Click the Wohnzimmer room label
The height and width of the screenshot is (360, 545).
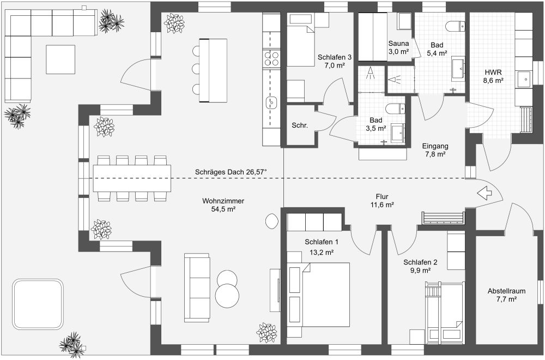tap(223, 205)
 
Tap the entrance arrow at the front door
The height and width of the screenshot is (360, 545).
tap(485, 193)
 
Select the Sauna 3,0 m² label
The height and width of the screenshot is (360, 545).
tap(398, 47)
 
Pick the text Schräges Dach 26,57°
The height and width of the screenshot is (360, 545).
tap(231, 172)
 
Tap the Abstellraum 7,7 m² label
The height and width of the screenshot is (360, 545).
tap(502, 295)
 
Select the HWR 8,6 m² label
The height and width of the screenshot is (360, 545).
tap(493, 76)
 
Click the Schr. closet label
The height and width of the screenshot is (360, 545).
tap(300, 125)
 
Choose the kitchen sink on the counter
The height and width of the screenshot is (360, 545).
tap(271, 101)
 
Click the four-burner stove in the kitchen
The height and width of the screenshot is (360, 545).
tap(271, 58)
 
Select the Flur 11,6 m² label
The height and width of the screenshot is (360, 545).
tap(381, 200)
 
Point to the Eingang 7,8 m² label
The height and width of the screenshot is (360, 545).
tap(435, 150)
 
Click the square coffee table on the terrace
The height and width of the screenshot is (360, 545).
tap(60, 59)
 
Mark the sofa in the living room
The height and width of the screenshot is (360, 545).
tap(197, 287)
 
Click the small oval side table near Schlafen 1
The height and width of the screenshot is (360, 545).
tap(271, 221)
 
